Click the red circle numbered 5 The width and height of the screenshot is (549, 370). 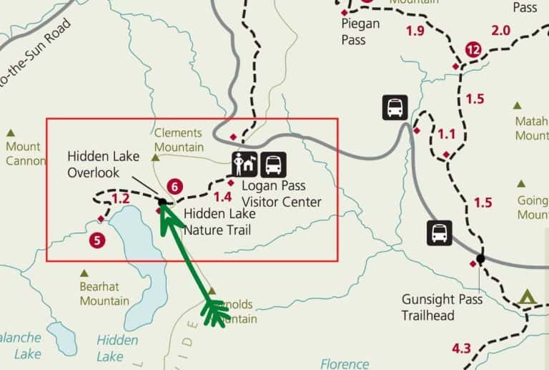[98, 240]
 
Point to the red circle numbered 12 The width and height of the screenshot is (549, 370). [473, 49]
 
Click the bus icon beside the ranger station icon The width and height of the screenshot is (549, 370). [273, 165]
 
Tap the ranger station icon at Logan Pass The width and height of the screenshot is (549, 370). [244, 165]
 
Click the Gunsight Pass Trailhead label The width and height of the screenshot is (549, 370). [441, 307]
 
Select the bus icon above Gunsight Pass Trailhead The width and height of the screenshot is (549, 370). [439, 233]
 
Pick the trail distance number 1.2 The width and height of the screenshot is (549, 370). [121, 199]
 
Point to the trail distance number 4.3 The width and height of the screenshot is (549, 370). [462, 349]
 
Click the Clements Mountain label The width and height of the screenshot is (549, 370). [178, 140]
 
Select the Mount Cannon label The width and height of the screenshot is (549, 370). [26, 153]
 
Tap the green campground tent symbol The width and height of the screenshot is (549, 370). [528, 296]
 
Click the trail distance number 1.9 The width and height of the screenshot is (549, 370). [415, 31]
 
